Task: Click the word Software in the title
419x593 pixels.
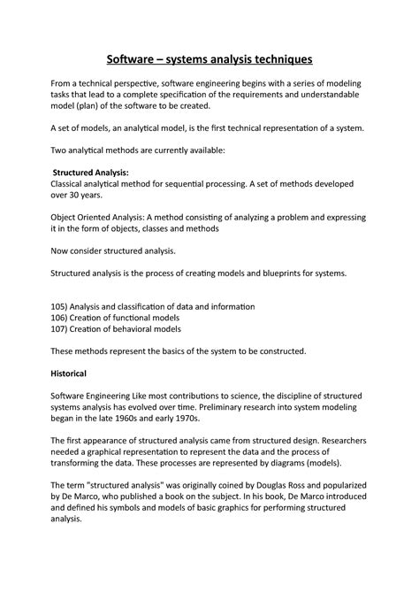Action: coord(136,61)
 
